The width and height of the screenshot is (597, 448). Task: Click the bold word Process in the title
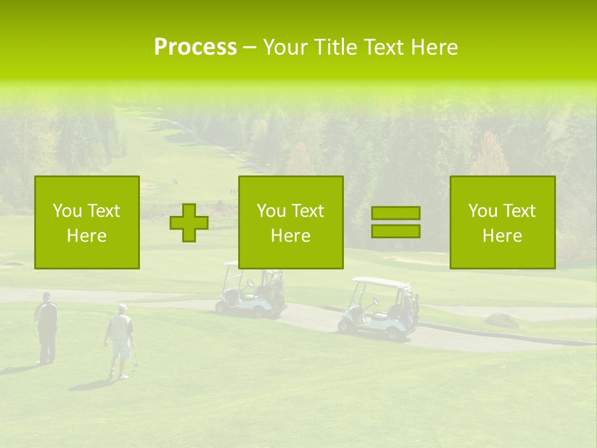[195, 47]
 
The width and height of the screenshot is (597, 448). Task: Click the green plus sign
[189, 223]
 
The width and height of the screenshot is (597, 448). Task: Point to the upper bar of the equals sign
[396, 213]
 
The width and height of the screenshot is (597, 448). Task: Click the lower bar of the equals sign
[396, 231]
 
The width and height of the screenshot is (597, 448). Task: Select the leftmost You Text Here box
[87, 222]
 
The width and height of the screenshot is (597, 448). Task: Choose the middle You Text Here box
[291, 222]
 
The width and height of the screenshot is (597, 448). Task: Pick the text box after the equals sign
[502, 222]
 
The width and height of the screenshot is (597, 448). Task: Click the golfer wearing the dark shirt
[47, 327]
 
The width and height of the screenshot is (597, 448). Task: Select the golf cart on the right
[379, 309]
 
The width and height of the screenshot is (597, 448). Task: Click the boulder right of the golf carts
[501, 320]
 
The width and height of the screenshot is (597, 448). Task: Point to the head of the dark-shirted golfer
[47, 297]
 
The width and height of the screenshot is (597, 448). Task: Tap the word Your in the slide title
[284, 47]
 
